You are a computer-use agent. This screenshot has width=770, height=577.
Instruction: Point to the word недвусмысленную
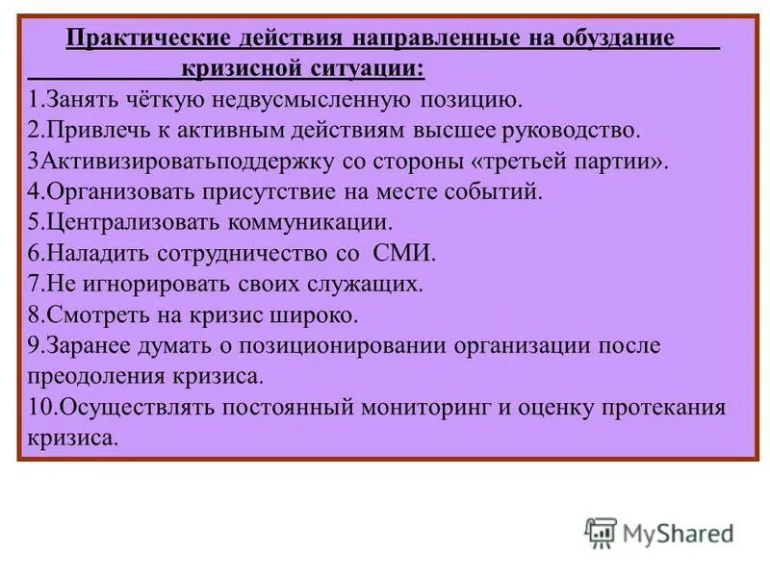click(x=310, y=99)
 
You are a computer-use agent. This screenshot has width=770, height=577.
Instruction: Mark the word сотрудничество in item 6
click(x=236, y=253)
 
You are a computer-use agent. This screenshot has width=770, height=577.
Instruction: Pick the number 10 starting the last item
click(x=38, y=406)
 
